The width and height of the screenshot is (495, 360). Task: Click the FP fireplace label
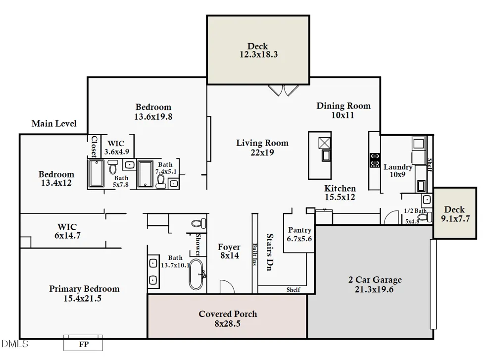(x=84, y=344)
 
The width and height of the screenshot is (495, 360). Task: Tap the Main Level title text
(x=54, y=123)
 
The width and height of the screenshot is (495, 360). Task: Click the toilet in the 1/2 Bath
(x=425, y=217)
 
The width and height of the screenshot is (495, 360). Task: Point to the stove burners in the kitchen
(x=375, y=160)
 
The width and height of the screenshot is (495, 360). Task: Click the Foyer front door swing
(x=227, y=286)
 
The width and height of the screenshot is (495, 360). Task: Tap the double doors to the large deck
(x=283, y=90)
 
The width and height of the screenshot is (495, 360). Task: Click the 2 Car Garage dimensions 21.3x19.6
(x=374, y=289)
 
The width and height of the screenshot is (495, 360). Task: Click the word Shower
(x=198, y=245)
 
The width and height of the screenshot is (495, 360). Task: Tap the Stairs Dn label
(x=269, y=252)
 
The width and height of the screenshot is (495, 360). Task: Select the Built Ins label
(x=255, y=255)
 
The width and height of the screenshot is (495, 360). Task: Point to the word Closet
(x=94, y=147)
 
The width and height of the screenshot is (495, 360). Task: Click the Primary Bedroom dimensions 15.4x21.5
(x=82, y=299)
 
